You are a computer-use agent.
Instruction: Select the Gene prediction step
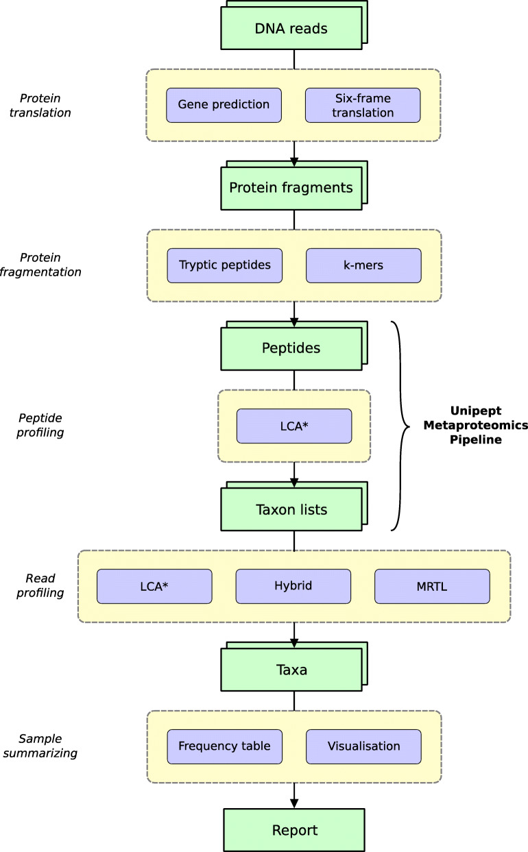click(224, 105)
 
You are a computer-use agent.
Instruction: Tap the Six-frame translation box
click(362, 105)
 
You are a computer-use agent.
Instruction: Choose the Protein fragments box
click(291, 188)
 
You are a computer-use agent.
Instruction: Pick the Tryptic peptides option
click(224, 265)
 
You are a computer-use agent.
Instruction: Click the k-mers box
click(363, 265)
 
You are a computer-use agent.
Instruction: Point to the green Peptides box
click(291, 348)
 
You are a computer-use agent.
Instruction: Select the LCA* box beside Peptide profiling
click(293, 426)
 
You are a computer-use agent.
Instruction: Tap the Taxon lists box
click(291, 509)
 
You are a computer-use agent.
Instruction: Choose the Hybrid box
click(293, 586)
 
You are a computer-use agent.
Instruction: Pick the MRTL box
click(432, 586)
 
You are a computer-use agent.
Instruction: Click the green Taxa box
click(291, 670)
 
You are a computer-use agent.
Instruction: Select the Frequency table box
click(224, 746)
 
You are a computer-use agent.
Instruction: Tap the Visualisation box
click(363, 746)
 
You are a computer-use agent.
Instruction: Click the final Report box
click(294, 830)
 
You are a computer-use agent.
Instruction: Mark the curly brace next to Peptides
click(400, 425)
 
